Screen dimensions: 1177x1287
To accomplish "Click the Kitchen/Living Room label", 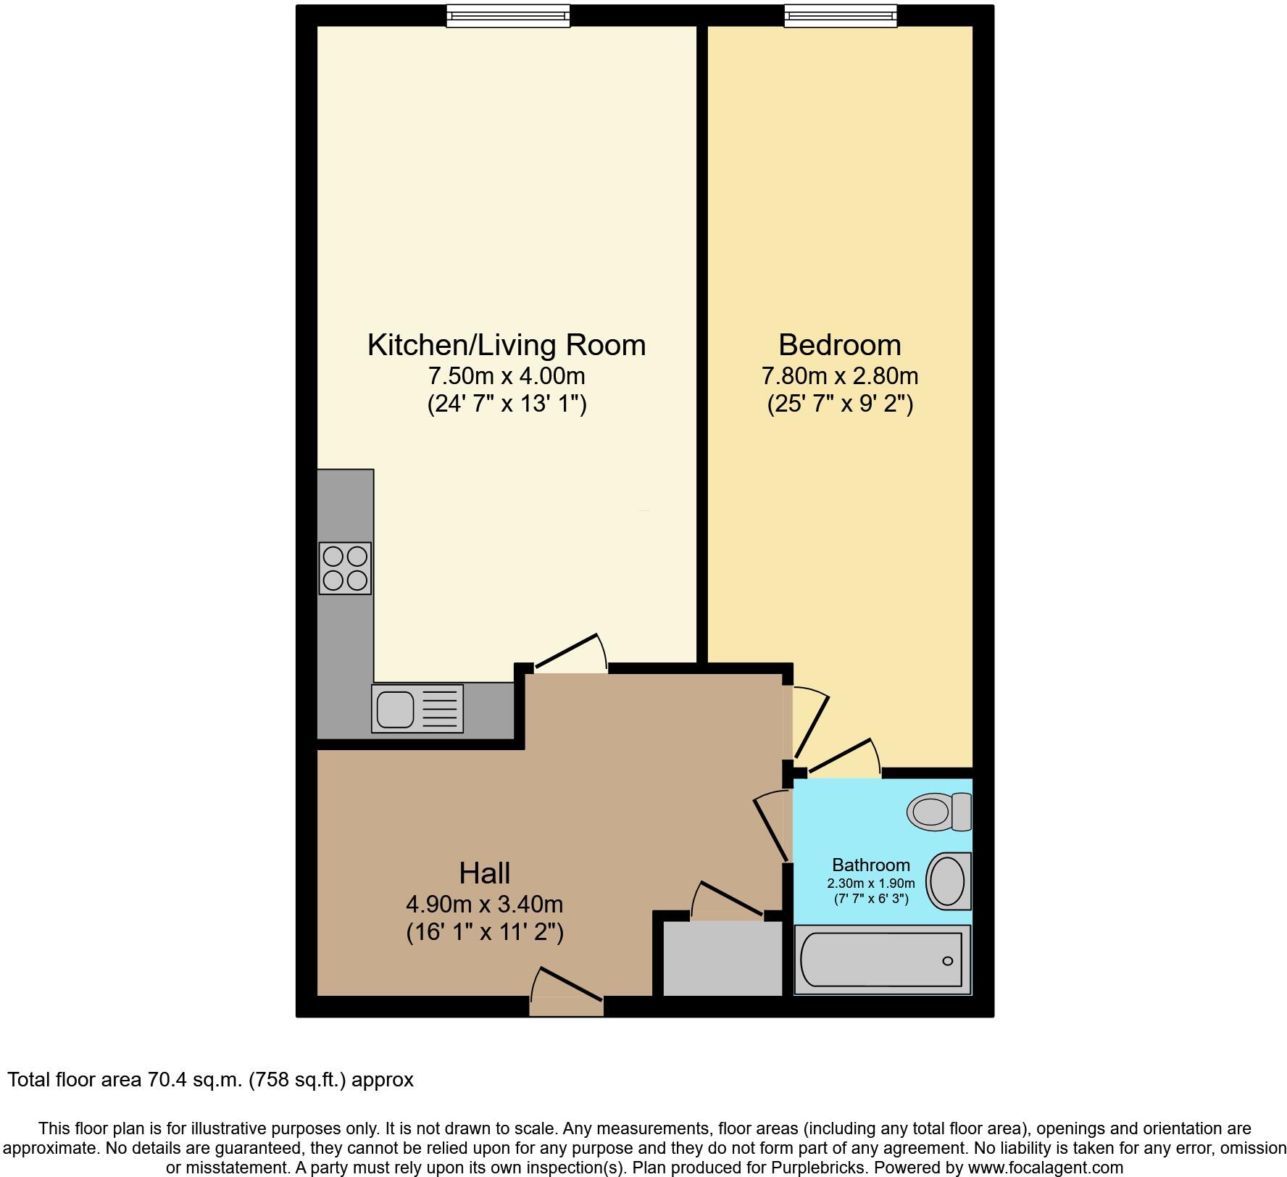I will [506, 345].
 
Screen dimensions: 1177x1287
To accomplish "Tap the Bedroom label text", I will [840, 345].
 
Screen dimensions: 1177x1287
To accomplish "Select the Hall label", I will [484, 873].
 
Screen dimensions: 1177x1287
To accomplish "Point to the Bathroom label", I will [870, 865].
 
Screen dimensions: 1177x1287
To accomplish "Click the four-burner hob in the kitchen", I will [345, 568].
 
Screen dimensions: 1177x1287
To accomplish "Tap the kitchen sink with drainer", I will [417, 708].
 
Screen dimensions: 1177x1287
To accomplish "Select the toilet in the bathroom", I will [938, 811].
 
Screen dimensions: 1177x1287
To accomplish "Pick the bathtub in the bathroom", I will [882, 960].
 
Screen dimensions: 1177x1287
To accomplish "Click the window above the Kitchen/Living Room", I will [508, 16].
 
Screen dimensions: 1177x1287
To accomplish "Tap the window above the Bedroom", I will [841, 16].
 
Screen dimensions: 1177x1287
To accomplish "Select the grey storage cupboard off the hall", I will [722, 958].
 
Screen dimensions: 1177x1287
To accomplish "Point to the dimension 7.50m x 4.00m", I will [506, 376].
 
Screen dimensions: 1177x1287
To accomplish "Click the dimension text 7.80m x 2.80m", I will [840, 376].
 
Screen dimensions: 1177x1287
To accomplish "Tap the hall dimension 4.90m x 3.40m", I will [484, 904].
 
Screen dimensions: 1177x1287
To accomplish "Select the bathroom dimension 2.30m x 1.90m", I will [870, 883].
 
